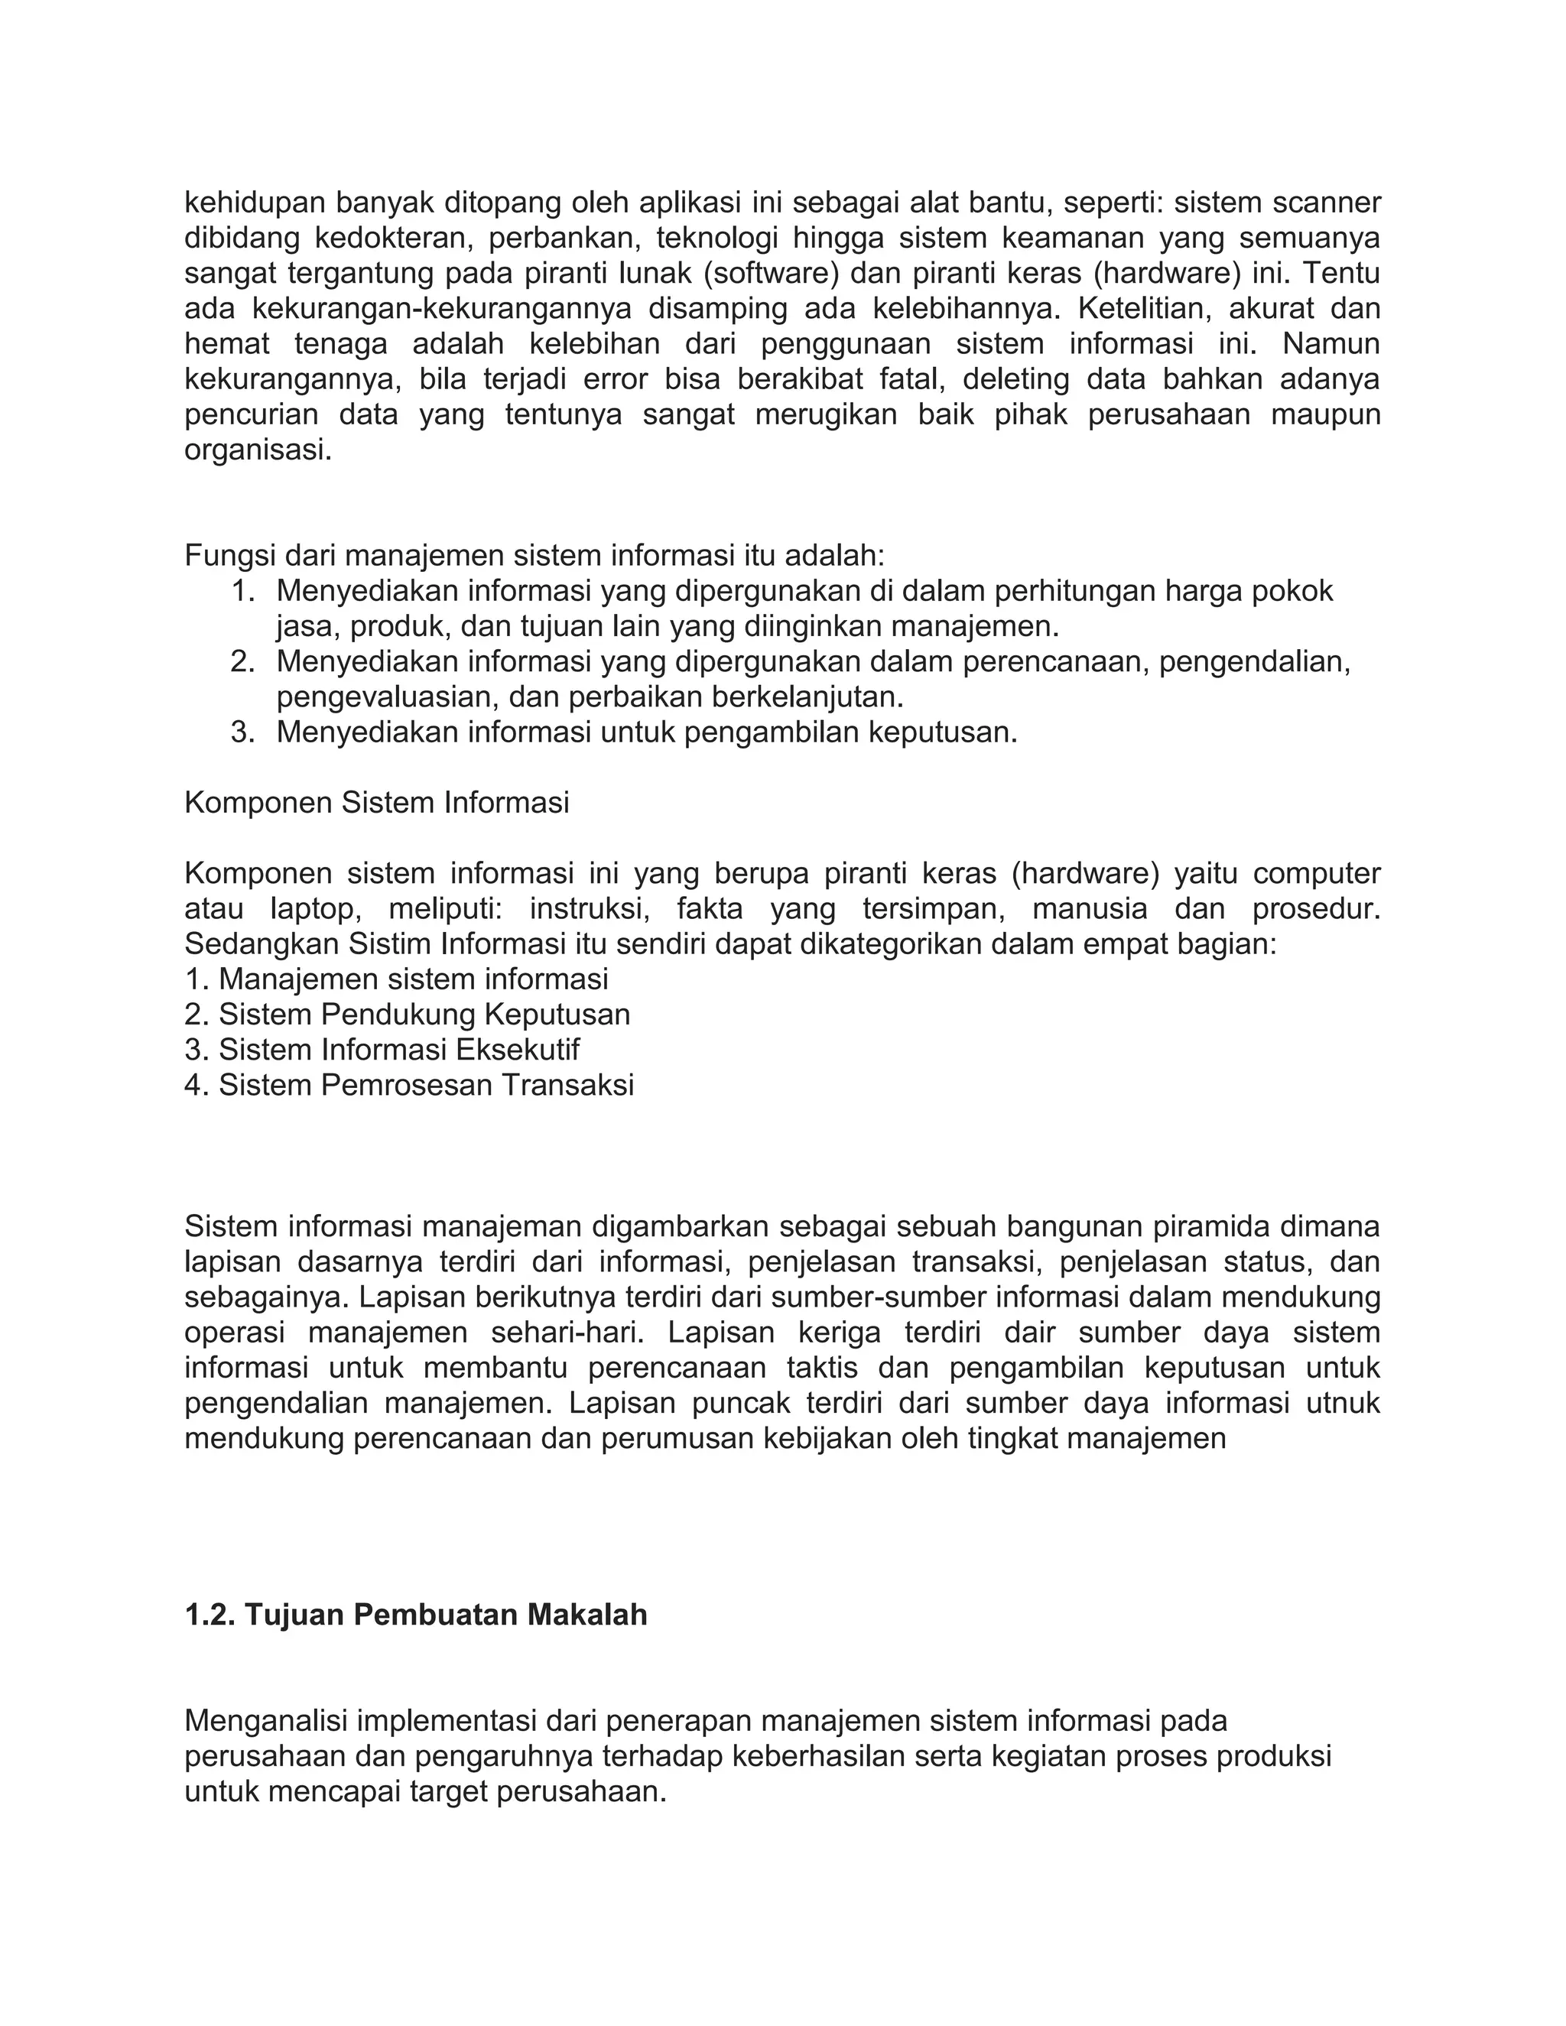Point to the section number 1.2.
coord(210,1615)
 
